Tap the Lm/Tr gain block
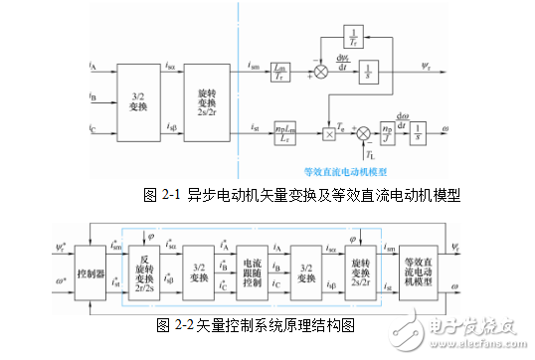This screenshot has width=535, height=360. click(281, 71)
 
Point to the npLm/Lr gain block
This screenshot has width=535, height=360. click(281, 131)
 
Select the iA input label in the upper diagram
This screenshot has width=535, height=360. click(92, 66)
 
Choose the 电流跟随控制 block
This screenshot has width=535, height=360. click(251, 271)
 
